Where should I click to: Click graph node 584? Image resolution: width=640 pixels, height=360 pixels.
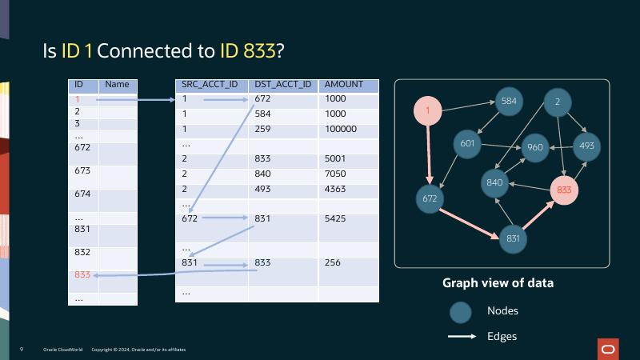[x=509, y=102]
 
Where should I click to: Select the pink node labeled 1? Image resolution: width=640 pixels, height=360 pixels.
[x=428, y=111]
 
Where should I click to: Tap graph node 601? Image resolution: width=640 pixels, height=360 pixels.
[x=468, y=144]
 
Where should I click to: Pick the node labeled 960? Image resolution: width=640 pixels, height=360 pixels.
[x=534, y=147]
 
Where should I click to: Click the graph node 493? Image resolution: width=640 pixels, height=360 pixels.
[x=586, y=146]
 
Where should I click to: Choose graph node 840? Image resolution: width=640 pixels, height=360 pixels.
[x=494, y=182]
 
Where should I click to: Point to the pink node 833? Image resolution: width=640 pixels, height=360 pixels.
[x=564, y=190]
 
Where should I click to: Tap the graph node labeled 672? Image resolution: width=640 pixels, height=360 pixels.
[x=430, y=198]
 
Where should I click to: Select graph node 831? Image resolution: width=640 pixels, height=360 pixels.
[x=513, y=238]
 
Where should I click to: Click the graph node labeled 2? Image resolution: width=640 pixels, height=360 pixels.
[x=557, y=102]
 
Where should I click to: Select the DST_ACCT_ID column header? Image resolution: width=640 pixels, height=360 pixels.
[x=282, y=85]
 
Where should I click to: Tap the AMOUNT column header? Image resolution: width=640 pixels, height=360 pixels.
[x=343, y=85]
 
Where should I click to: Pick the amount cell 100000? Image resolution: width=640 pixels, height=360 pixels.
[x=341, y=129]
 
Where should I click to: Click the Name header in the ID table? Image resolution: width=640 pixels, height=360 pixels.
[x=117, y=85]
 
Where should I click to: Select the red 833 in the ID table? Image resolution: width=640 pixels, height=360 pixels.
[x=82, y=274]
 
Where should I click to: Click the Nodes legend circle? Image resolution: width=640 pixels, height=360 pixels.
[x=459, y=312]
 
